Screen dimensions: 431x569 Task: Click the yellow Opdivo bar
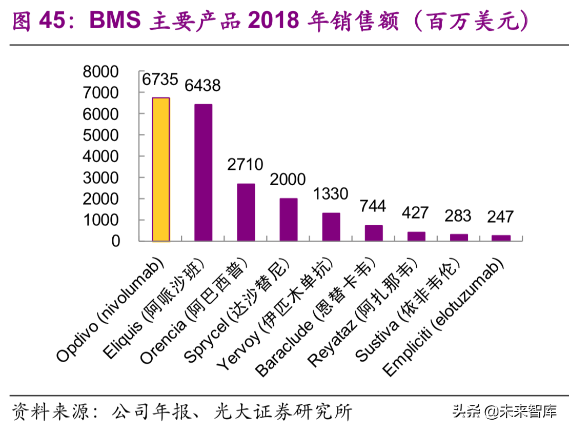160,169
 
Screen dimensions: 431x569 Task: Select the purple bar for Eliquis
203,172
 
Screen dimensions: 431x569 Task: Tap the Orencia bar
246,212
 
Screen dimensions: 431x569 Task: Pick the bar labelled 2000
288,219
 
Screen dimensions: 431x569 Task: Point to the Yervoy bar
331,226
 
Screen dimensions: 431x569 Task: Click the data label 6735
160,80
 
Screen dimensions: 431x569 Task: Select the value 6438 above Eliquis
202,85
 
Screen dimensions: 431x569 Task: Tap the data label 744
373,206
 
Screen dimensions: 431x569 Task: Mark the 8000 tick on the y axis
100,72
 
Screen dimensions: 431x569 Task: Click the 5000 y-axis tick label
100,135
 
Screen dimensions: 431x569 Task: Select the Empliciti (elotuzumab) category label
444,319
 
